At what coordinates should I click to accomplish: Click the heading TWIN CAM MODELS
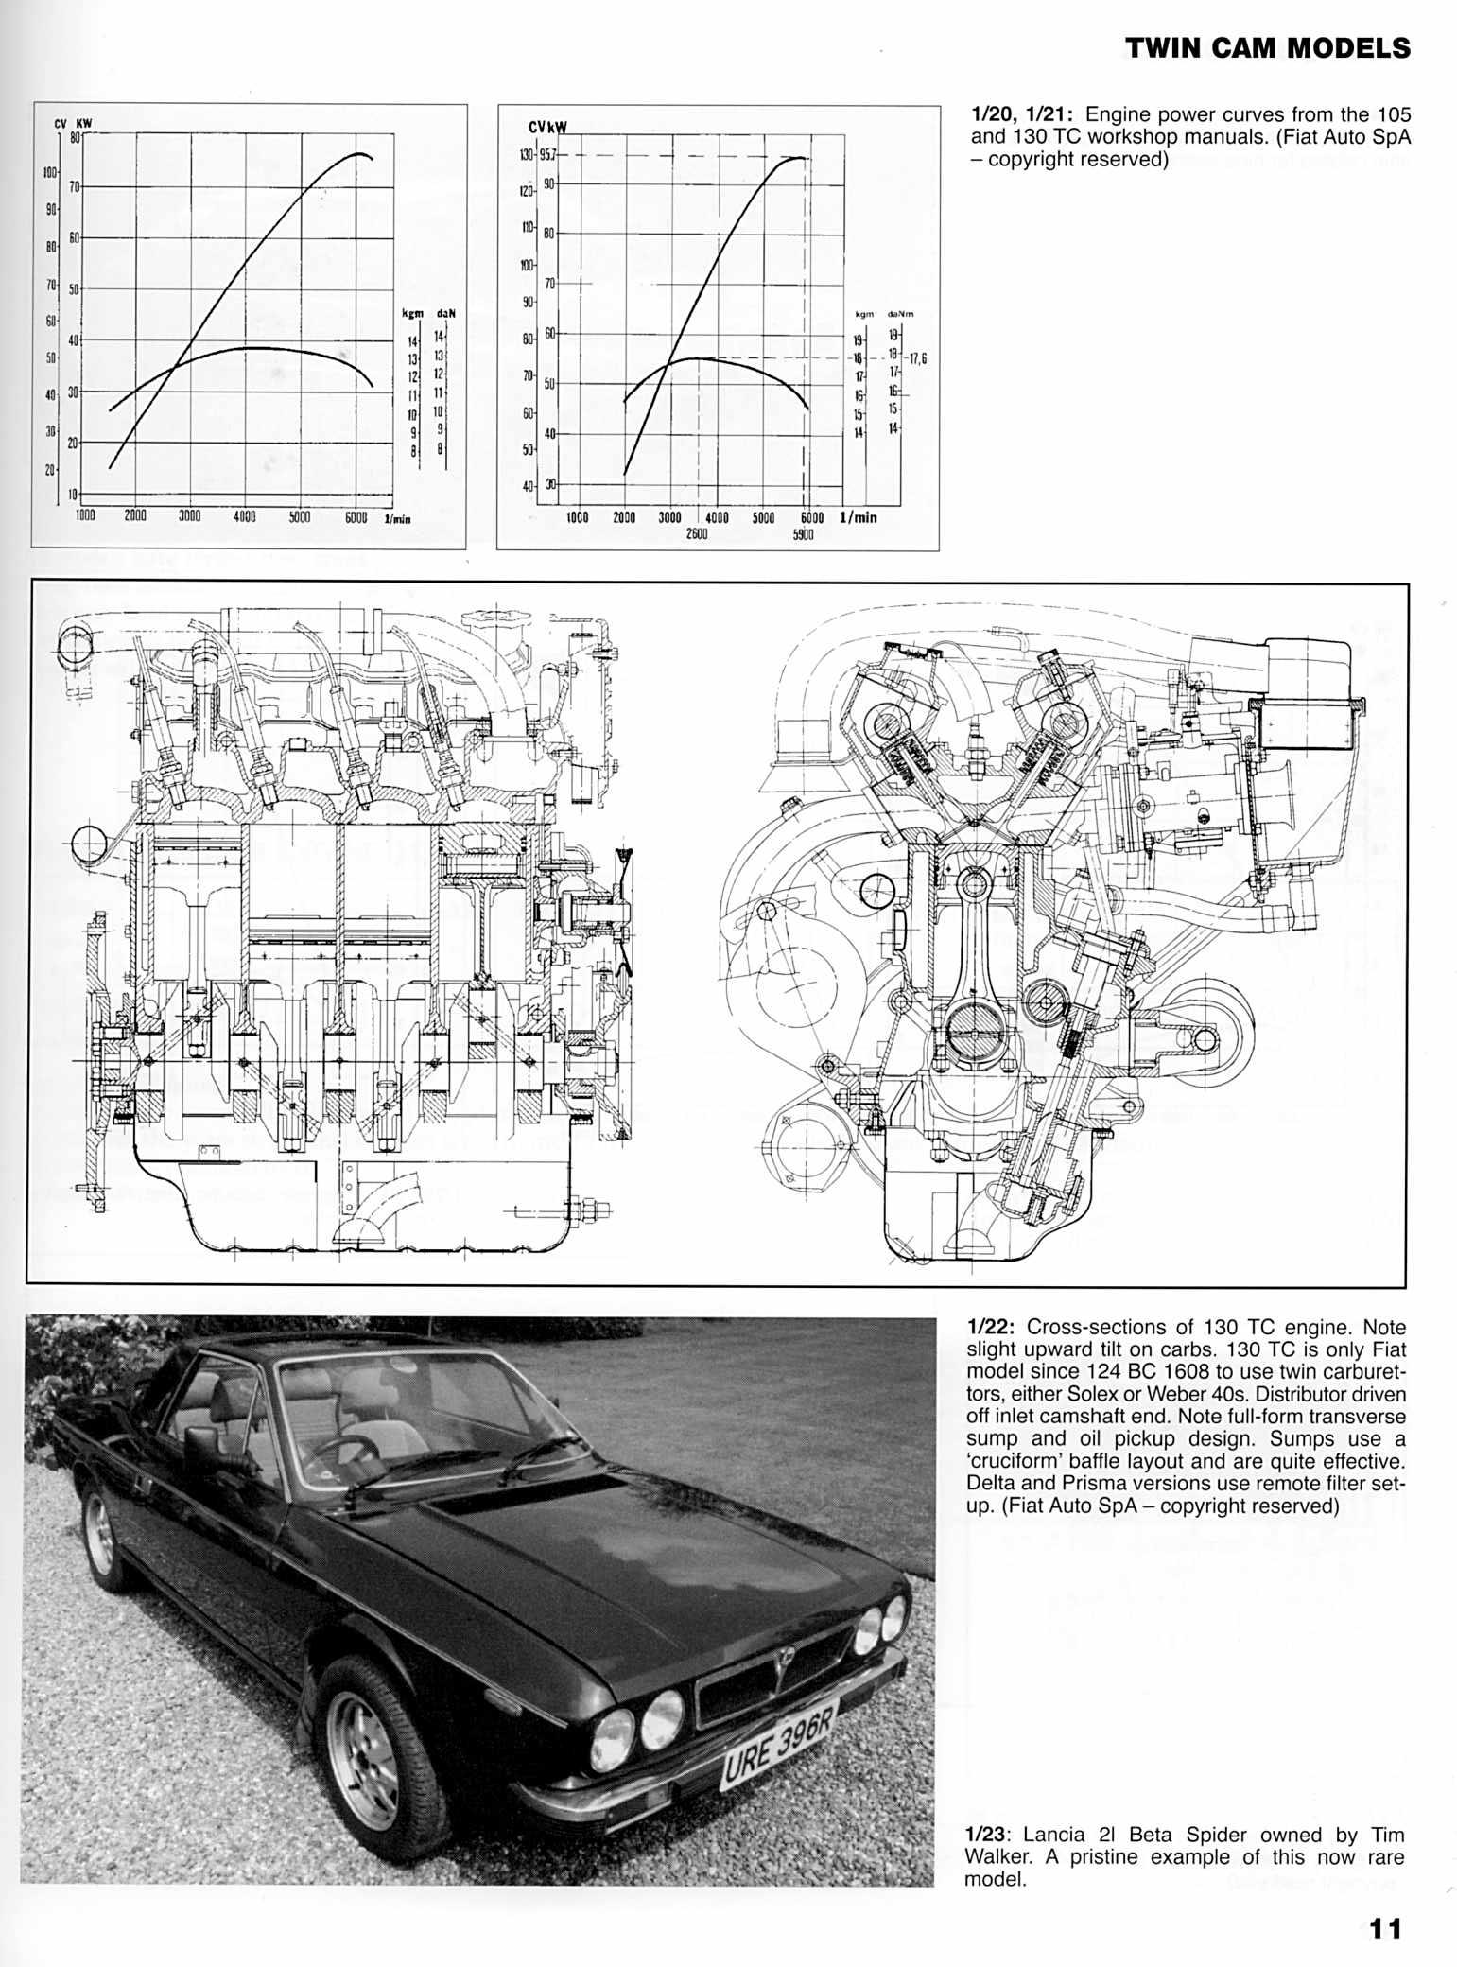(1266, 49)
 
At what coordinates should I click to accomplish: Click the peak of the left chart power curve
(359, 153)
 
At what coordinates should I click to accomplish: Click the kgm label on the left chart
(411, 313)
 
